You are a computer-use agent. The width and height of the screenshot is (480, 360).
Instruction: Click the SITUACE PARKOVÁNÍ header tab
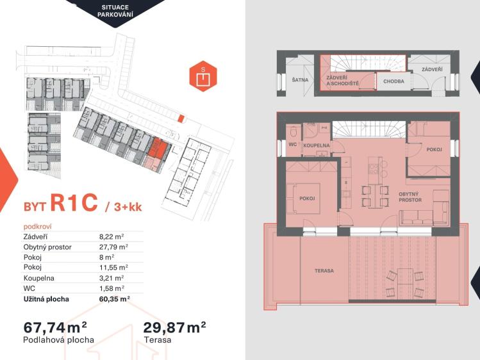pyautogui.click(x=115, y=11)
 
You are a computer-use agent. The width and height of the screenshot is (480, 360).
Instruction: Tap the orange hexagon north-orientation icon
pyautogui.click(x=203, y=76)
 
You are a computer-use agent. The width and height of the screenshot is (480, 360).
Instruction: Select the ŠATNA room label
pyautogui.click(x=300, y=80)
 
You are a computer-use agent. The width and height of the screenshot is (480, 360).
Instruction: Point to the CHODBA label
pyautogui.click(x=393, y=81)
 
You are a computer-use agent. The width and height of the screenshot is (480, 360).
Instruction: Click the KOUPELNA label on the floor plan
pyautogui.click(x=317, y=145)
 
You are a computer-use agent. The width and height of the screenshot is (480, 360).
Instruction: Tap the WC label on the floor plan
pyautogui.click(x=293, y=144)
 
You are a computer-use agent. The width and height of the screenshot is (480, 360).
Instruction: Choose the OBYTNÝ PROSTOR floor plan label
pyautogui.click(x=410, y=197)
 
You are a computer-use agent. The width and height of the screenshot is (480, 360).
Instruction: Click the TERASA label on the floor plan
pyautogui.click(x=324, y=271)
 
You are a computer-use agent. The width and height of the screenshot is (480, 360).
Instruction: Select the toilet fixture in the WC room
pyautogui.click(x=294, y=132)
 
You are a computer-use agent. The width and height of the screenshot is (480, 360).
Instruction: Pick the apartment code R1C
pyautogui.click(x=74, y=202)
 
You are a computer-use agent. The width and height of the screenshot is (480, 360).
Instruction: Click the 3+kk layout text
pyautogui.click(x=128, y=208)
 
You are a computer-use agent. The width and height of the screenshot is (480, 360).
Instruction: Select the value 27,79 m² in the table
pyautogui.click(x=113, y=247)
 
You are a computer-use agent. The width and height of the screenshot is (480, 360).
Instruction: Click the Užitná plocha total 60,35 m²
pyautogui.click(x=115, y=299)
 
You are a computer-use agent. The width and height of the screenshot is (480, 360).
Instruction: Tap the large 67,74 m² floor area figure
pyautogui.click(x=55, y=327)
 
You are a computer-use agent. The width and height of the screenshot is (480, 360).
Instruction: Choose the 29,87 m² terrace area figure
pyautogui.click(x=174, y=327)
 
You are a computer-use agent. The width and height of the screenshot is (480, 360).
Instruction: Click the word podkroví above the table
pyautogui.click(x=38, y=227)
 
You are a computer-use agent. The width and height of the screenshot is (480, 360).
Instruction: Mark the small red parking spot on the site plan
pyautogui.click(x=181, y=119)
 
